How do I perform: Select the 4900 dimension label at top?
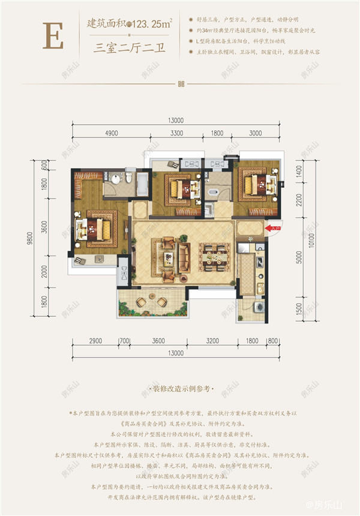tap(109, 133)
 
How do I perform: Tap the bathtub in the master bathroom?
tap(145, 184)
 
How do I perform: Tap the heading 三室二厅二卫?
tap(129, 50)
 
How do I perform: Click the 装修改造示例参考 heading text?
tap(179, 389)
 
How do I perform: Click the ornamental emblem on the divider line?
tap(179, 84)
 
